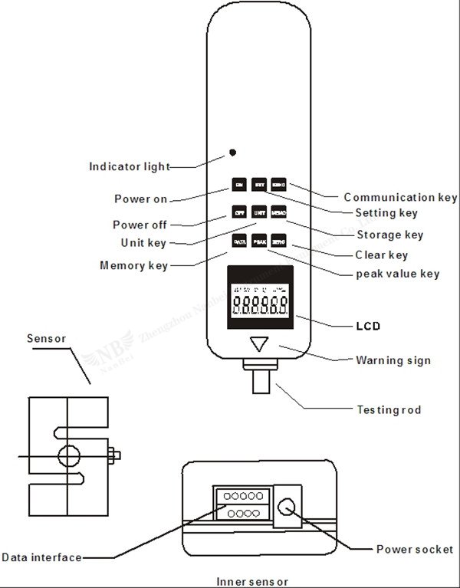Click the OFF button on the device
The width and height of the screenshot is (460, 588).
coord(239,212)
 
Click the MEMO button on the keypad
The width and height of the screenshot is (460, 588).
coord(278,212)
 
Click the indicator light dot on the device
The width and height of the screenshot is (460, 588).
coord(232,153)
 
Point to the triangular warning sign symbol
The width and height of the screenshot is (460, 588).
coord(261,344)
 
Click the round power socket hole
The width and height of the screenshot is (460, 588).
coord(288,507)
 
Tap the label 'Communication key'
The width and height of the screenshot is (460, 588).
coord(399,198)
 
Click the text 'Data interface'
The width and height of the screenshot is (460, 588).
coord(41,557)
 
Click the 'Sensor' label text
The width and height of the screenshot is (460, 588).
coord(47,338)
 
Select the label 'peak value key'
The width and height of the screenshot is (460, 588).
coord(398,274)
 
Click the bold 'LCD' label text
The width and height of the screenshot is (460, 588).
coord(368,326)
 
